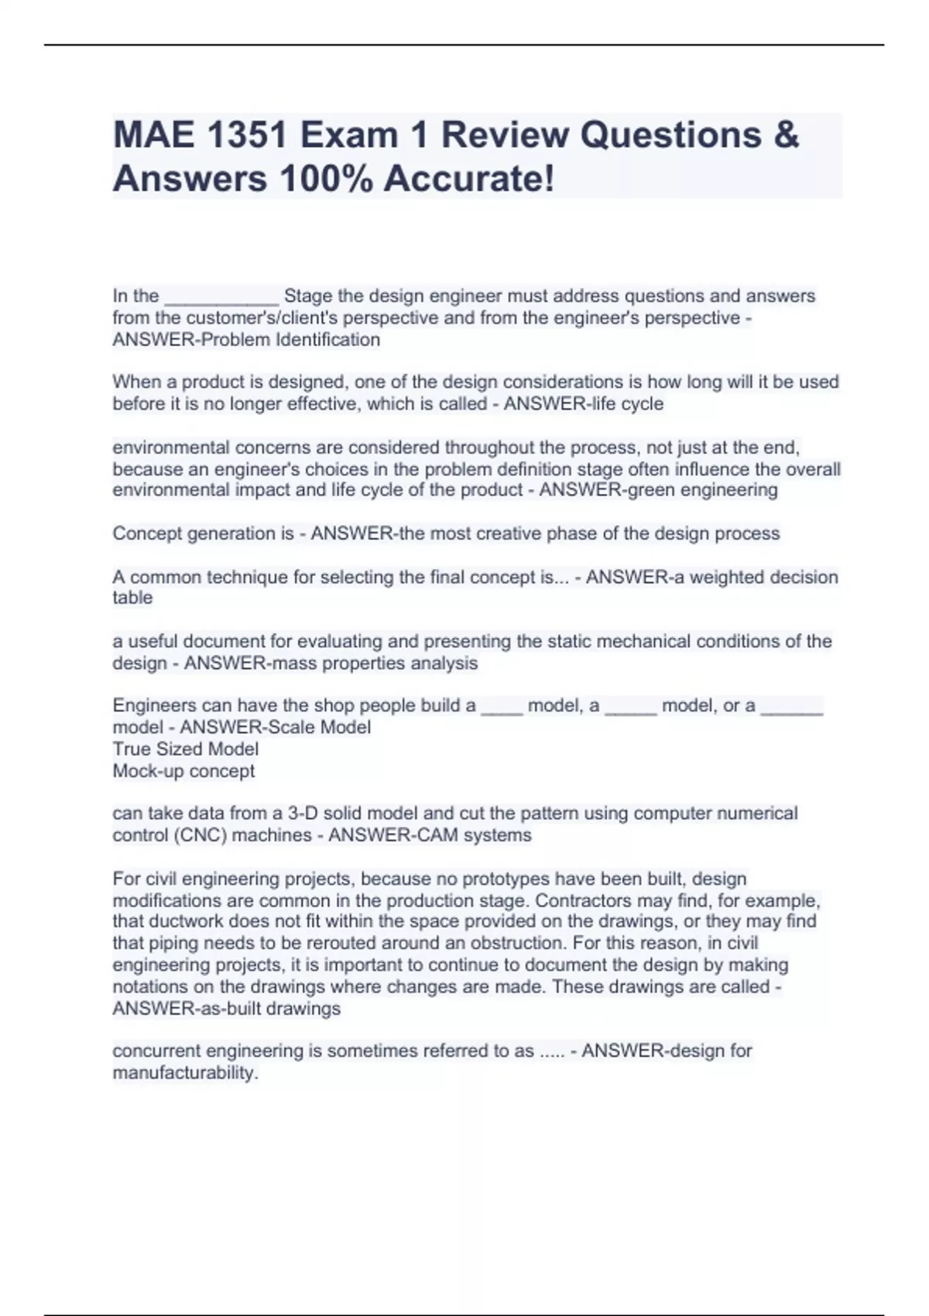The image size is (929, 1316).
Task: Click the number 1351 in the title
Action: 247,135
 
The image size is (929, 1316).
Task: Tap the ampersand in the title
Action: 784,135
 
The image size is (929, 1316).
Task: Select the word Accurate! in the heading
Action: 469,179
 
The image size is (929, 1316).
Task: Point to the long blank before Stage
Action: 221,297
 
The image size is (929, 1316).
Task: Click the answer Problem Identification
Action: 290,340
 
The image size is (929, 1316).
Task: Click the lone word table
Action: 132,598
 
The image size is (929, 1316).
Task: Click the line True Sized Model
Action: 186,749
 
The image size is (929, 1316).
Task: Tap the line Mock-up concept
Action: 183,771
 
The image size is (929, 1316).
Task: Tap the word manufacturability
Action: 185,1073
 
